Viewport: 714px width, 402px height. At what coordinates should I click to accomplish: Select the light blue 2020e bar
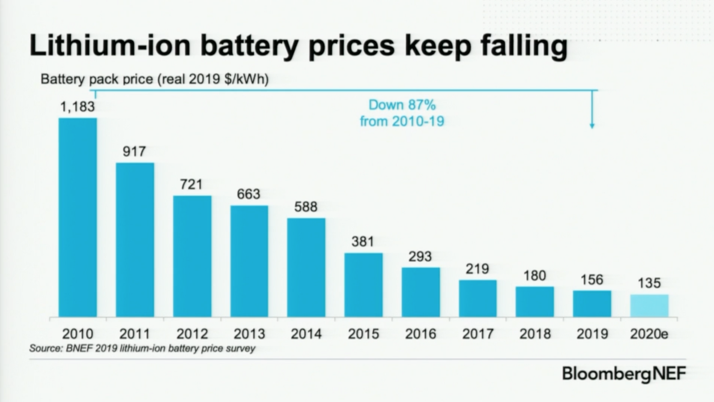click(x=649, y=306)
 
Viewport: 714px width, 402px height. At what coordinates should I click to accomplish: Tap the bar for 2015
click(x=363, y=285)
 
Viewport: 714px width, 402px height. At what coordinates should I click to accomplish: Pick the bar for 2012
click(x=192, y=256)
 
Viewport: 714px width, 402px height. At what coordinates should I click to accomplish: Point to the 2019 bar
click(x=592, y=304)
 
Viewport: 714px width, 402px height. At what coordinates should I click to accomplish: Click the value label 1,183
click(x=77, y=106)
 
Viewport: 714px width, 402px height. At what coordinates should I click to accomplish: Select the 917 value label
click(x=134, y=151)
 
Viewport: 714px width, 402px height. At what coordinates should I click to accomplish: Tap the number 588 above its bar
click(x=306, y=207)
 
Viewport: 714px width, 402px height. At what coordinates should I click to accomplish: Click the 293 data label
click(x=420, y=256)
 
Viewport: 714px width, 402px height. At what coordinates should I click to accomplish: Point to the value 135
click(x=649, y=283)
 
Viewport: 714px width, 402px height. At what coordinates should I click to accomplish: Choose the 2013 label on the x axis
click(x=249, y=334)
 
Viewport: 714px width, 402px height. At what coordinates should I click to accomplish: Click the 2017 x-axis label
click(x=478, y=334)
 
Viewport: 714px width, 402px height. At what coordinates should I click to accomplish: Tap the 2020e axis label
click(x=649, y=334)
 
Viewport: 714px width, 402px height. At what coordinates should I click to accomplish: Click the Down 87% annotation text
click(x=402, y=105)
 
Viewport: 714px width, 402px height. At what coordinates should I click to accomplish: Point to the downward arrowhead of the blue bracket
click(x=592, y=126)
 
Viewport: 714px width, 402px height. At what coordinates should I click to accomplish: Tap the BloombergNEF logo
click(x=624, y=374)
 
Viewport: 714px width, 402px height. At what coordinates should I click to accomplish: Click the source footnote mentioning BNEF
click(x=142, y=348)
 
